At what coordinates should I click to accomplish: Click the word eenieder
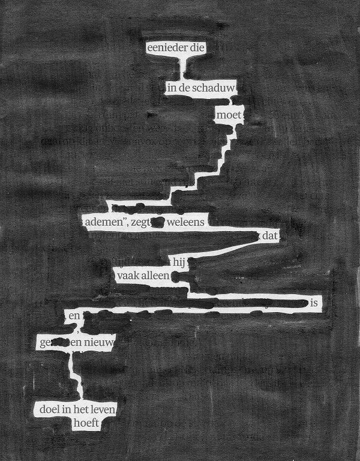tap(167, 47)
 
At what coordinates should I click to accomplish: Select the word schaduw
tap(216, 88)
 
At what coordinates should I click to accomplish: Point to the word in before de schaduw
tap(172, 88)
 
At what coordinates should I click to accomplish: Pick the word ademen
tap(104, 223)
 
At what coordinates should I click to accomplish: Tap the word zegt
tap(140, 223)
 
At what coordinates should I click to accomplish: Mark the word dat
tap(270, 237)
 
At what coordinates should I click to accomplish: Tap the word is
tap(314, 304)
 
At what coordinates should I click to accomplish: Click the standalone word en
tap(74, 315)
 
